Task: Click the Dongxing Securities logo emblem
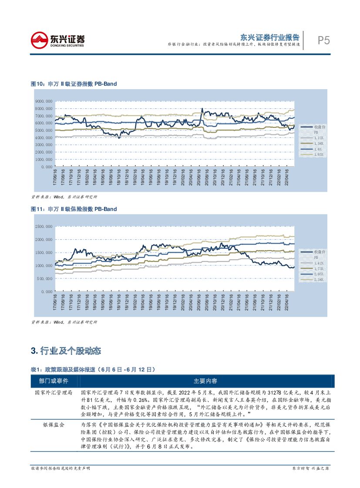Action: coord(39,40)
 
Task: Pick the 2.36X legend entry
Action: coord(320,280)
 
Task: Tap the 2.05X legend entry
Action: coord(320,274)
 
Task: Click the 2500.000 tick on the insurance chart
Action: coord(44,227)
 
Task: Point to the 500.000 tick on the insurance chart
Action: coord(45,278)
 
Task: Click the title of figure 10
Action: coord(74,84)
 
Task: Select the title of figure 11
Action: coord(74,209)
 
